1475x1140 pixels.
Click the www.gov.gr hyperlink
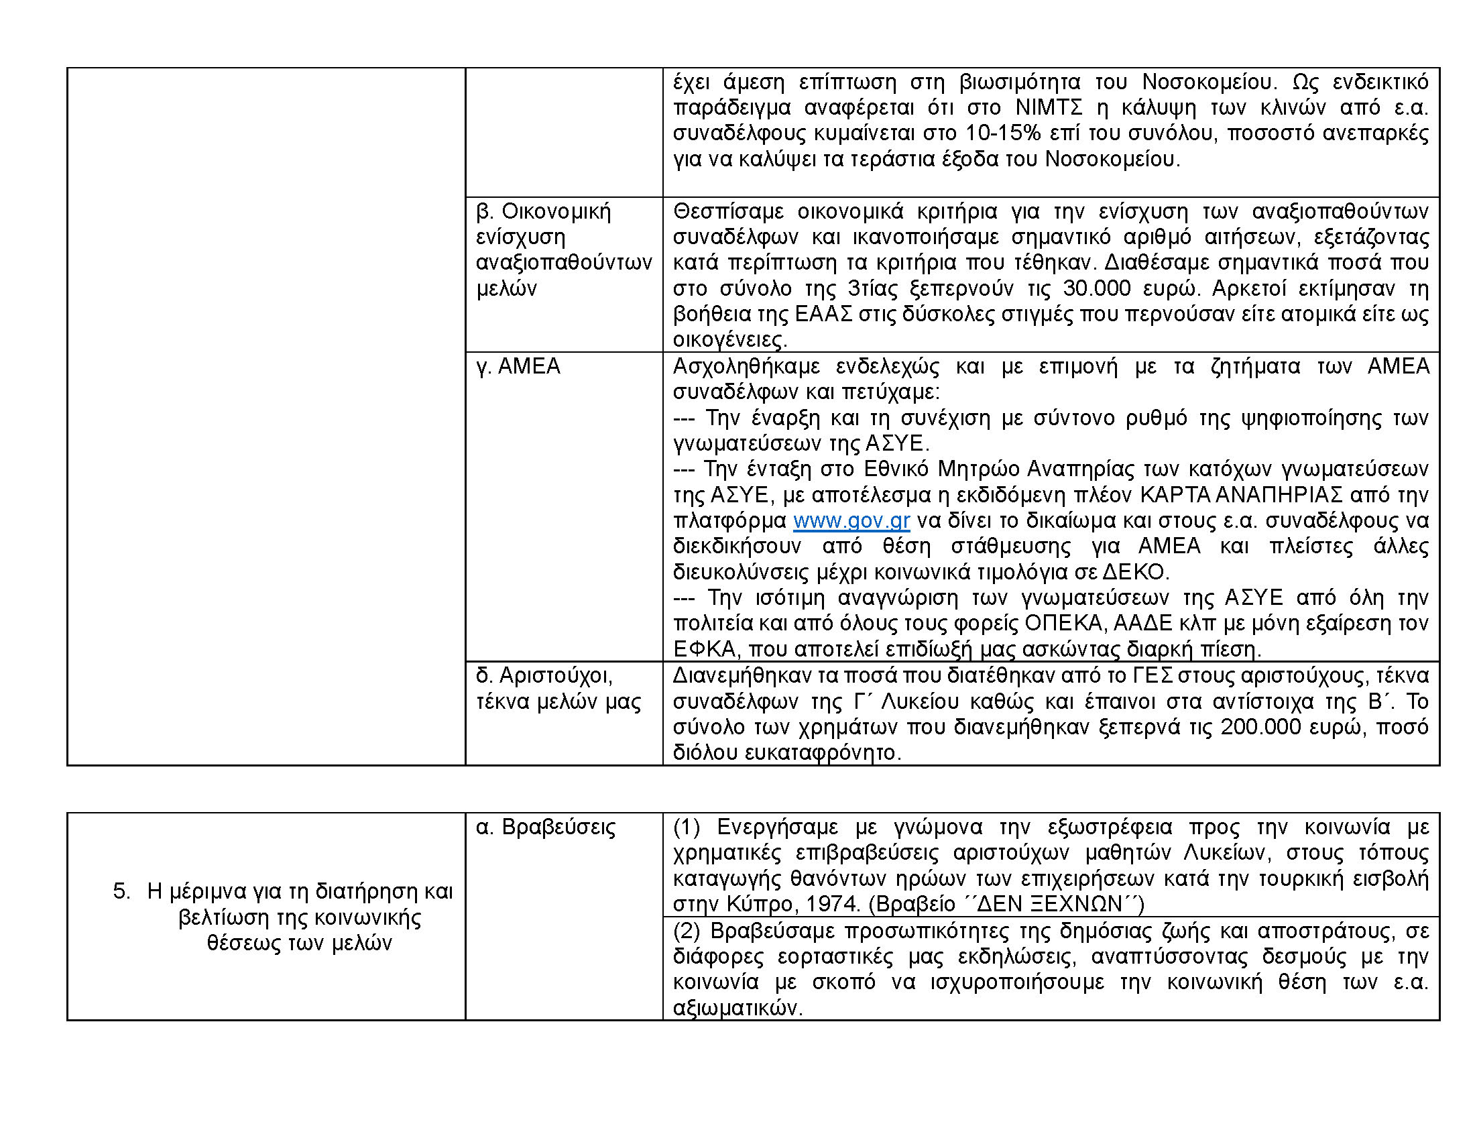click(x=851, y=520)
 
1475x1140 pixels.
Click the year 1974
click(x=830, y=904)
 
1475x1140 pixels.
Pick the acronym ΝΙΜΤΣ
click(x=1049, y=107)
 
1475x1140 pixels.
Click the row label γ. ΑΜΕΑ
click(x=518, y=366)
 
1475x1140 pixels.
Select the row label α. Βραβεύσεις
click(x=546, y=828)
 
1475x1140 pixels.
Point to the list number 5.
click(x=122, y=891)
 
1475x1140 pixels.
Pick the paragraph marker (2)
click(x=687, y=931)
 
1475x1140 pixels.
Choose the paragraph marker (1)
click(x=687, y=828)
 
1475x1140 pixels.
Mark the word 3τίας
click(x=872, y=288)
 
